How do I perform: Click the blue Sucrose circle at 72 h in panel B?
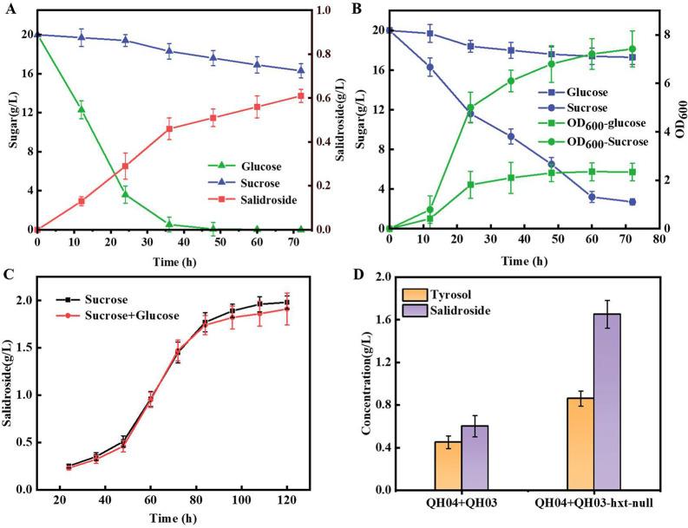(x=632, y=202)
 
